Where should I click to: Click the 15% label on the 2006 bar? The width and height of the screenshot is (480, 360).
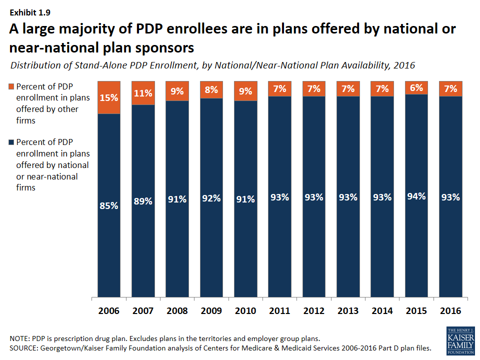[x=108, y=97]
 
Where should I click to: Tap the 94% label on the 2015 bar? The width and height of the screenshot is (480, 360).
[x=416, y=196]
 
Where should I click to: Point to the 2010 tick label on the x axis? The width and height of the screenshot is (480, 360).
[x=245, y=310]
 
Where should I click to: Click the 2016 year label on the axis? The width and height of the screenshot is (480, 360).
[x=450, y=310]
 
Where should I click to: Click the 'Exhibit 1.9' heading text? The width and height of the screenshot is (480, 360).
[x=28, y=10]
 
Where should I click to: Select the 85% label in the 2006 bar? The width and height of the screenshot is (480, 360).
[x=108, y=205]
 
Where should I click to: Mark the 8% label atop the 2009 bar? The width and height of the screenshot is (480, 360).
[x=211, y=90]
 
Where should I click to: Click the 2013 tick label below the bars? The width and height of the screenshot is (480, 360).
[x=347, y=310]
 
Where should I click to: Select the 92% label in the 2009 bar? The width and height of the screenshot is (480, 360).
[x=211, y=198]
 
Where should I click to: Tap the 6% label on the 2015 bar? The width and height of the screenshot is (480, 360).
[x=416, y=87]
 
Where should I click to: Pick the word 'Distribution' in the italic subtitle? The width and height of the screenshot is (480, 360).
[x=34, y=65]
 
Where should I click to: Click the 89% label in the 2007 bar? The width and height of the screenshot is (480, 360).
[x=143, y=201]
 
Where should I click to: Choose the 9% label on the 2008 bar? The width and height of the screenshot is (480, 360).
[x=177, y=91]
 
